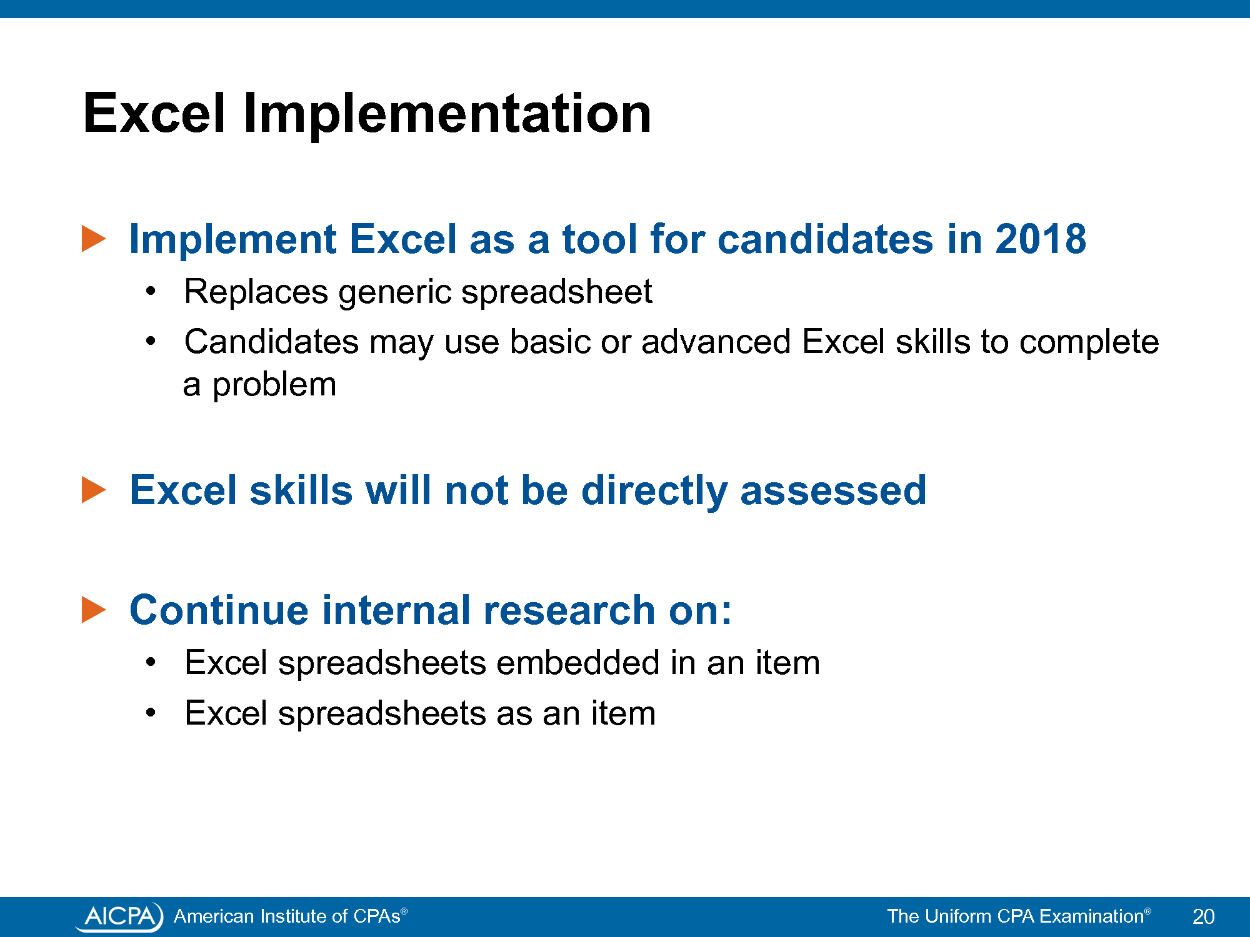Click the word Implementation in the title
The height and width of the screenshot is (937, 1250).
click(x=447, y=114)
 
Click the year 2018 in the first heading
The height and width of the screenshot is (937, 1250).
click(x=1041, y=239)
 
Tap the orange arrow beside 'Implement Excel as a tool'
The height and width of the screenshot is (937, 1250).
click(x=94, y=239)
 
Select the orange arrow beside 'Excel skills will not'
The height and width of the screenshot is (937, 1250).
click(x=94, y=490)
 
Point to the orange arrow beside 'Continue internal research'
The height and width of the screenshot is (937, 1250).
click(x=94, y=610)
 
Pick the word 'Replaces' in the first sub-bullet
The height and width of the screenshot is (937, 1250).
click(x=256, y=292)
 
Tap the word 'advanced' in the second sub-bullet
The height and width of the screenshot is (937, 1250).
click(x=716, y=342)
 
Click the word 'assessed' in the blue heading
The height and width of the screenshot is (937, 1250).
click(x=833, y=490)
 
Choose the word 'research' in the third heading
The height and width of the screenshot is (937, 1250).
click(x=569, y=610)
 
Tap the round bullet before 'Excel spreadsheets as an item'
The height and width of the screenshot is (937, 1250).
click(x=150, y=713)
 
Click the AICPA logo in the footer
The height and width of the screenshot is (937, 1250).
click(x=119, y=916)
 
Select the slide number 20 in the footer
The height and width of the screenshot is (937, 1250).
click(x=1203, y=916)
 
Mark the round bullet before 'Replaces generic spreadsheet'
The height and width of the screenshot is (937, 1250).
click(x=150, y=292)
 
